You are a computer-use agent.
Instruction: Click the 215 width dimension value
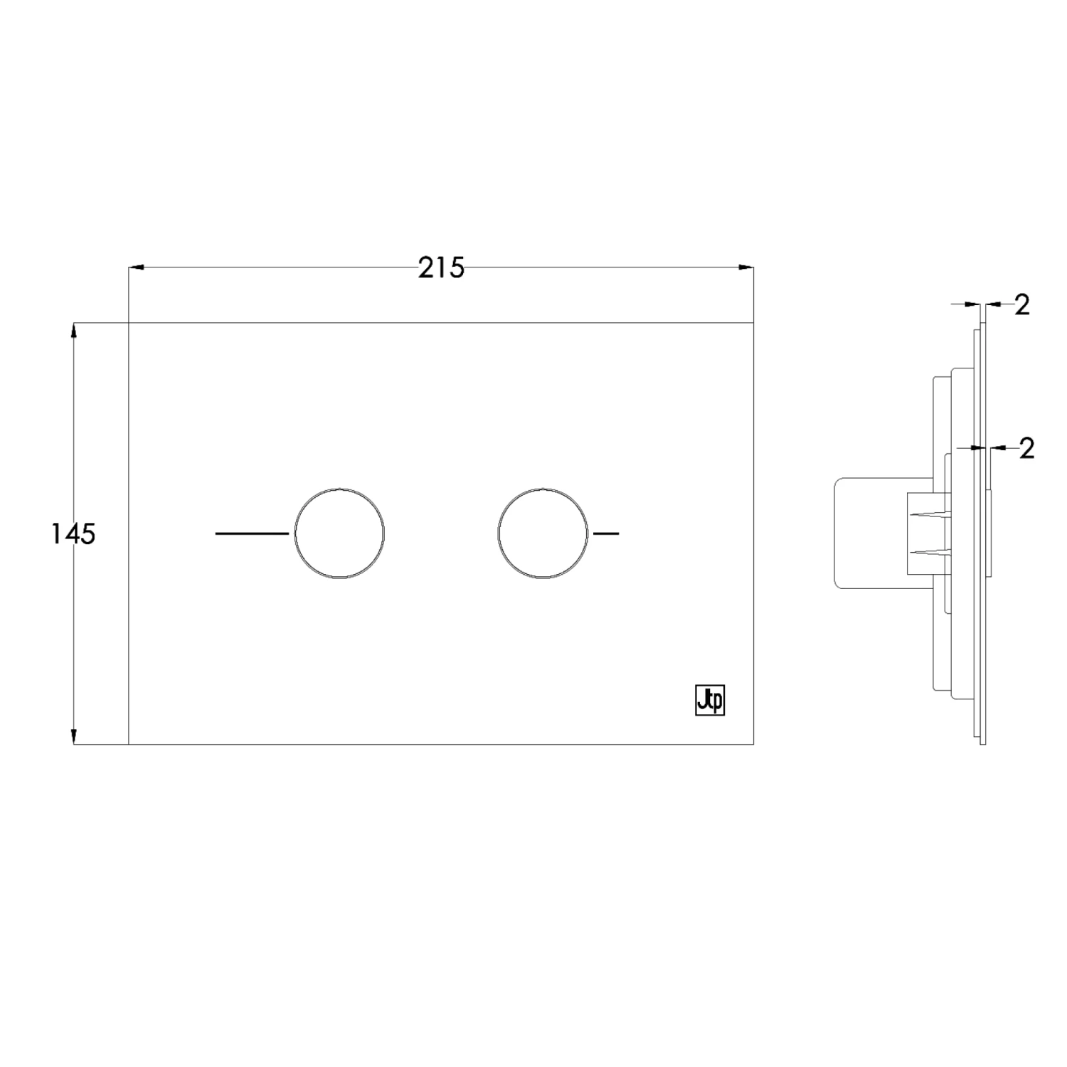point(441,268)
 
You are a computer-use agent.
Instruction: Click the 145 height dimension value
point(73,533)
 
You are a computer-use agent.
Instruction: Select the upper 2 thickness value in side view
point(1022,304)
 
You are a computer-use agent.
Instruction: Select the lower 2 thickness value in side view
point(1026,448)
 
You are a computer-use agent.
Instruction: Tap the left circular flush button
point(340,533)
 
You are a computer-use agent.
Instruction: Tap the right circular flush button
point(543,533)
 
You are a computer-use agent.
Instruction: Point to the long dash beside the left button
point(252,533)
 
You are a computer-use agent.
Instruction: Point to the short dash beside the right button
point(606,533)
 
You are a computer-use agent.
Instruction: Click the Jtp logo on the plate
point(709,701)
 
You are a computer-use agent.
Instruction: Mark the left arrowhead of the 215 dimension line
point(136,268)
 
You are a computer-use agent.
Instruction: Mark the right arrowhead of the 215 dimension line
point(746,268)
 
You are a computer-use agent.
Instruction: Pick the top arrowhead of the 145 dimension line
point(73,331)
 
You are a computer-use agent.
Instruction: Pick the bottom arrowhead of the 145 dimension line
point(73,736)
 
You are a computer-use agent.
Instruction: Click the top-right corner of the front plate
point(753,323)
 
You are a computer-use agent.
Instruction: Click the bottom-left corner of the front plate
point(129,744)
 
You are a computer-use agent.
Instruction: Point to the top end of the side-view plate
point(983,324)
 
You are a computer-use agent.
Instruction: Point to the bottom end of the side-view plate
point(983,743)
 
